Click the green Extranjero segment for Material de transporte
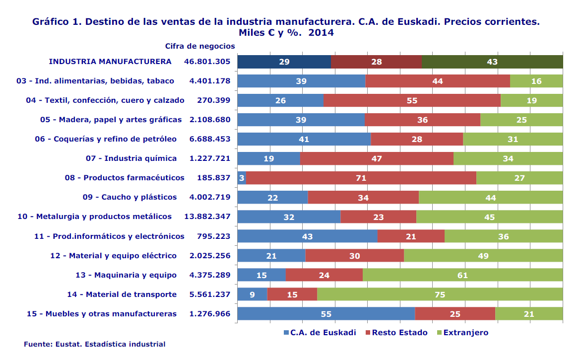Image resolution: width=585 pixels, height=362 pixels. (440, 294)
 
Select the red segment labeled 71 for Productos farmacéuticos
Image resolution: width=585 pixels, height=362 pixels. (361, 178)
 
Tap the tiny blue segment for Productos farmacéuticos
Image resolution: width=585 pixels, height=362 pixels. (242, 178)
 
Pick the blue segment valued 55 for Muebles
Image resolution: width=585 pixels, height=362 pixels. (326, 313)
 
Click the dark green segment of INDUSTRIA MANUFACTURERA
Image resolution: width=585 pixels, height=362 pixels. (492, 62)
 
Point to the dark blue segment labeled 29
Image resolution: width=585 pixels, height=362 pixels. (284, 62)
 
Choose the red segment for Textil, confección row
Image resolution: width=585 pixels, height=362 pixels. (411, 100)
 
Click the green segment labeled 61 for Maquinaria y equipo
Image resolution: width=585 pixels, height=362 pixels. (462, 275)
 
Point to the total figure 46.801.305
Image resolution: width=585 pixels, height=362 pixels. (207, 62)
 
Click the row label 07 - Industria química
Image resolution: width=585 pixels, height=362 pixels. (131, 158)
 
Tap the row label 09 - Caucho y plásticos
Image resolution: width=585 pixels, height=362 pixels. (130, 197)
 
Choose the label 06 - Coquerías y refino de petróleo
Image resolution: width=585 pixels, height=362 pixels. (106, 139)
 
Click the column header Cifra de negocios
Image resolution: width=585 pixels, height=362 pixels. (200, 46)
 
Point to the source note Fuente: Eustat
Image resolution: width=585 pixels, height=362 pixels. (94, 344)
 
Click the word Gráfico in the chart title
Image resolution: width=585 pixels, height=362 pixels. (51, 22)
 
